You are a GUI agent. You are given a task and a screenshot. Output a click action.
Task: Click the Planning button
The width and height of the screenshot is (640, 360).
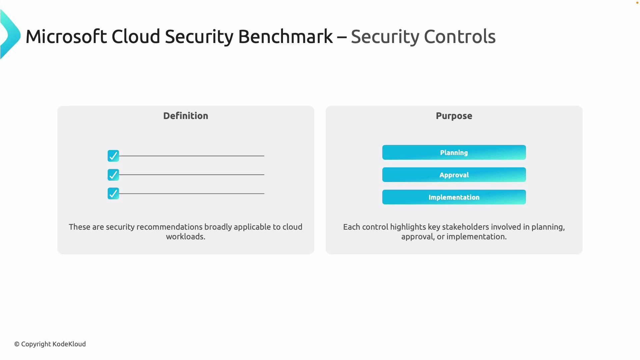(454, 152)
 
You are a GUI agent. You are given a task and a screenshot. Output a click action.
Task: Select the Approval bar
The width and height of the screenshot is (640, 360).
(454, 175)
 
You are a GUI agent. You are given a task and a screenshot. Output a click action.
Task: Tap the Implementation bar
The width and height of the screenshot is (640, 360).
(454, 197)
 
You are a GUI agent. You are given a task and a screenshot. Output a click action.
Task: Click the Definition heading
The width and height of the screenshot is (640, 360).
(186, 116)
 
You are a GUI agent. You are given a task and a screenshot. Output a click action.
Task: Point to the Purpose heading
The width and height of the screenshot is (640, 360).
(454, 116)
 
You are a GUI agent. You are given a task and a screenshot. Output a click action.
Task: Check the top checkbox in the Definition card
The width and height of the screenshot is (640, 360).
(113, 156)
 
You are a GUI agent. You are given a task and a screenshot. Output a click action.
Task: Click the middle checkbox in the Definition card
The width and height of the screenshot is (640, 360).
(113, 175)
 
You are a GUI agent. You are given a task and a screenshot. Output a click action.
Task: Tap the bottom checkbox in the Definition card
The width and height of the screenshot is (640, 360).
(113, 193)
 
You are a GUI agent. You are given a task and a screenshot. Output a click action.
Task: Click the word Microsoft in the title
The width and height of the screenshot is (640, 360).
(66, 36)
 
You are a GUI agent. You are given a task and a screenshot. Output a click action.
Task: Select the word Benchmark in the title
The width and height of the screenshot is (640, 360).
(285, 36)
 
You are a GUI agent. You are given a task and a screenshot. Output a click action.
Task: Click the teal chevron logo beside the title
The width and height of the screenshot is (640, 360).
(10, 35)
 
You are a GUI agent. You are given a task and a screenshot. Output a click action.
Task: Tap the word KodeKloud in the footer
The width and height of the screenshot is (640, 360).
(69, 344)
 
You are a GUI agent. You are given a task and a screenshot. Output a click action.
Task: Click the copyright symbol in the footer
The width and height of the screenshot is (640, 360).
(17, 344)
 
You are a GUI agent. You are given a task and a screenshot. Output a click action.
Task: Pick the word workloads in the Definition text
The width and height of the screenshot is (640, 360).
(185, 237)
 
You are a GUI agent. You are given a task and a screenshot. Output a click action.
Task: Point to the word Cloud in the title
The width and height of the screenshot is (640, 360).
(136, 36)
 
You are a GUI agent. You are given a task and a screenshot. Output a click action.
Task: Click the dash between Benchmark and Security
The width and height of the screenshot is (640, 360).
(342, 37)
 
